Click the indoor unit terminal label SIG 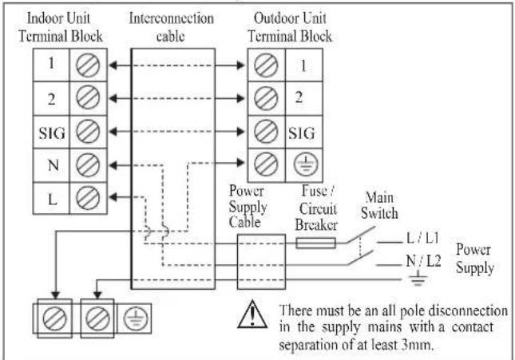[52, 133]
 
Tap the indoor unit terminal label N [53, 165]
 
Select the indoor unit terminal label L [53, 199]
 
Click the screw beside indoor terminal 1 [88, 65]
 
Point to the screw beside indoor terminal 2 [88, 97]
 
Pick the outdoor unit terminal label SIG [302, 133]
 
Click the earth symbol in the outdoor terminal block [306, 164]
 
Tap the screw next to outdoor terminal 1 [266, 65]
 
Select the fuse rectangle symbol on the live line [315, 243]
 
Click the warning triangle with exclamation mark [252, 315]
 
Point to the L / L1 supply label [422, 238]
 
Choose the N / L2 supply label [423, 261]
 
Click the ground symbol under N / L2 [418, 279]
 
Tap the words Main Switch [379, 206]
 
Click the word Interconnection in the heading [171, 18]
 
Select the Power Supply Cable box [261, 262]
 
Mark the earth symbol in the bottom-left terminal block [135, 318]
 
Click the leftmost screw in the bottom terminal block [54, 318]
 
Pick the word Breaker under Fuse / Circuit [316, 225]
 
